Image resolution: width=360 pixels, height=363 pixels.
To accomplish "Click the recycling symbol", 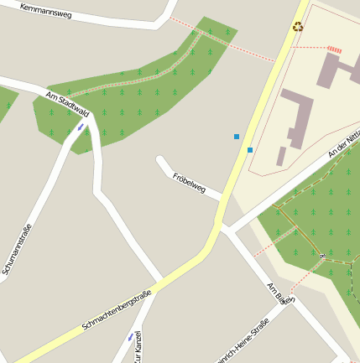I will tap(298, 27).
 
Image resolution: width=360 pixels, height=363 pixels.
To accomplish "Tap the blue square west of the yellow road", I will tap(237, 136).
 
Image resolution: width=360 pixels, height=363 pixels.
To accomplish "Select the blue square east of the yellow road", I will tap(250, 150).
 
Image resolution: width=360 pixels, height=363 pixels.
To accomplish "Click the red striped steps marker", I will tap(335, 49).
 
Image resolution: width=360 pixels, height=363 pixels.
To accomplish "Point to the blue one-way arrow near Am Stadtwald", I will tap(81, 128).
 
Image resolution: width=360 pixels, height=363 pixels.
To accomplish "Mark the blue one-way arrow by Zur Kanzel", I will tap(130, 337).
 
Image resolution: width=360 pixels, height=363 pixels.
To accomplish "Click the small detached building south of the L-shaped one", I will tap(281, 156).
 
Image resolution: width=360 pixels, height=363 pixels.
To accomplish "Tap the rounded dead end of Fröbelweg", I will tap(160, 159).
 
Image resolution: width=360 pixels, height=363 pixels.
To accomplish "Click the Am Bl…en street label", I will tap(280, 293).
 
